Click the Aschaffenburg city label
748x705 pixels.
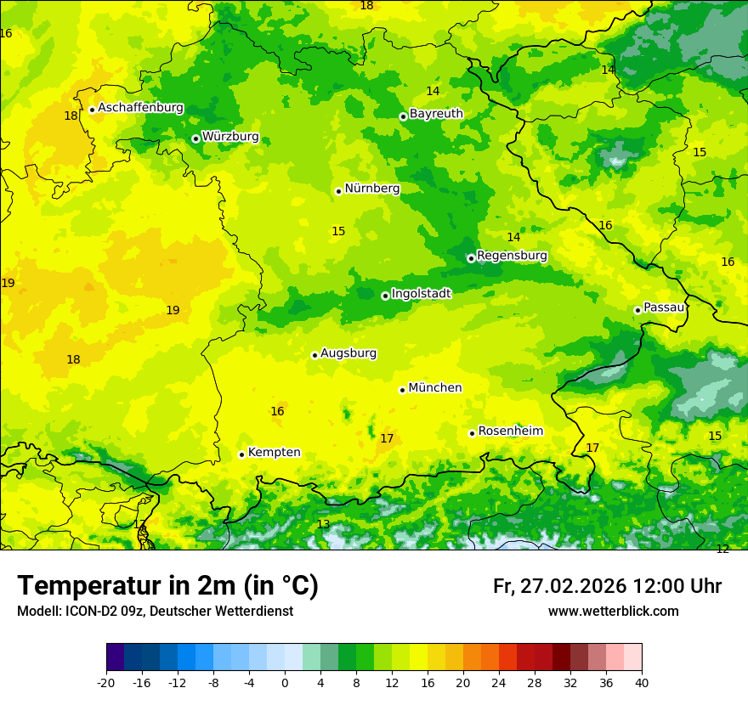coord(140,108)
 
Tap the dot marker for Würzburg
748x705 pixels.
coord(195,138)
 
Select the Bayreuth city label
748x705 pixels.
coord(436,114)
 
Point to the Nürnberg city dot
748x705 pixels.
coord(338,191)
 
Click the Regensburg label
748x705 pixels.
coord(512,256)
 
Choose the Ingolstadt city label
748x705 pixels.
coord(421,294)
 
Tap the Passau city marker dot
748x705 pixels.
coord(637,310)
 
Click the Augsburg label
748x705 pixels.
coord(348,353)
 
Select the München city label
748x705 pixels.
coord(435,388)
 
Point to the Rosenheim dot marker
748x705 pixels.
coord(472,433)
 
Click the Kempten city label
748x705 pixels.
coord(274,453)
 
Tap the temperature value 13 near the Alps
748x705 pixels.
coord(323,525)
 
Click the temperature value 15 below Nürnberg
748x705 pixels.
coord(338,231)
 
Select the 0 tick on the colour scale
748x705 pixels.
coord(285,683)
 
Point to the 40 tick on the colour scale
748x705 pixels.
coord(641,683)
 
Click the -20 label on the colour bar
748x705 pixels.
coord(106,683)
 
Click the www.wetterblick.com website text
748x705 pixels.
coord(613,612)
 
